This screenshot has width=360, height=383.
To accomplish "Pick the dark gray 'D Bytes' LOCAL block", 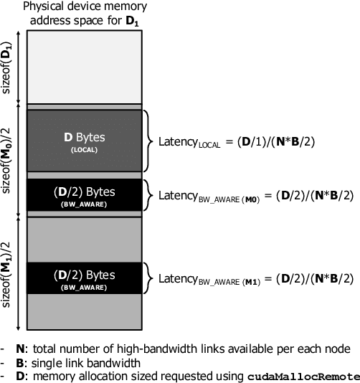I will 83,140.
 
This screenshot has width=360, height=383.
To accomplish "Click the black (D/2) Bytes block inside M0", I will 83,196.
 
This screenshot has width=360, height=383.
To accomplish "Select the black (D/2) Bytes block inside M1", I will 83,278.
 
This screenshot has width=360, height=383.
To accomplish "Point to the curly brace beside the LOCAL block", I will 149,141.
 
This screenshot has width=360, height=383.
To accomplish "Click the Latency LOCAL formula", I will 237,141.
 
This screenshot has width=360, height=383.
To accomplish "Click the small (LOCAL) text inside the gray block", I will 83,150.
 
